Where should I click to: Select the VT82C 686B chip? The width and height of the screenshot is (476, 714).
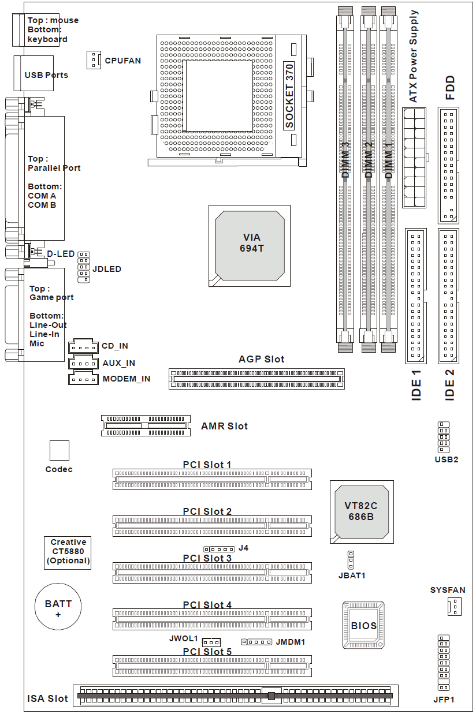[x=361, y=511]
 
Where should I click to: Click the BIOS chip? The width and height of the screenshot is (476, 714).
[x=363, y=625]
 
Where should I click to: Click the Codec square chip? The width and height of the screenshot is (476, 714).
[x=59, y=450]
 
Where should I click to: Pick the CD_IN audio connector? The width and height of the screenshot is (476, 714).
[x=82, y=346]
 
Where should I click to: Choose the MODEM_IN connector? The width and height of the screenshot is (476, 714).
[x=82, y=379]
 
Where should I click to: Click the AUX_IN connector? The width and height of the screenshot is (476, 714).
[x=82, y=362]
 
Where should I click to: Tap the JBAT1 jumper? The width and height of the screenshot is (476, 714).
[x=351, y=559]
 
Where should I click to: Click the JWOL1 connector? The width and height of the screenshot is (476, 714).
[x=212, y=642]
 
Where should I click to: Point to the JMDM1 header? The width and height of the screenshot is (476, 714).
[x=256, y=642]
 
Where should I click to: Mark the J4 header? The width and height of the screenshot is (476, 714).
[x=220, y=548]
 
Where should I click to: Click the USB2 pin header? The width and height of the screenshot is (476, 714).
[x=444, y=437]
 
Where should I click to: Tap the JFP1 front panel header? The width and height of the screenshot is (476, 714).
[x=444, y=663]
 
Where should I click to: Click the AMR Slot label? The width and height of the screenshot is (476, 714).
[x=224, y=427]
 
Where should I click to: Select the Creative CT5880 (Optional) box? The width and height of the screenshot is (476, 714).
[x=68, y=552]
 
